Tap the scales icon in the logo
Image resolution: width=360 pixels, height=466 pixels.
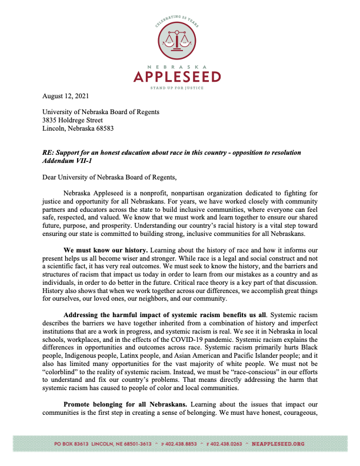(x=179, y=42)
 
